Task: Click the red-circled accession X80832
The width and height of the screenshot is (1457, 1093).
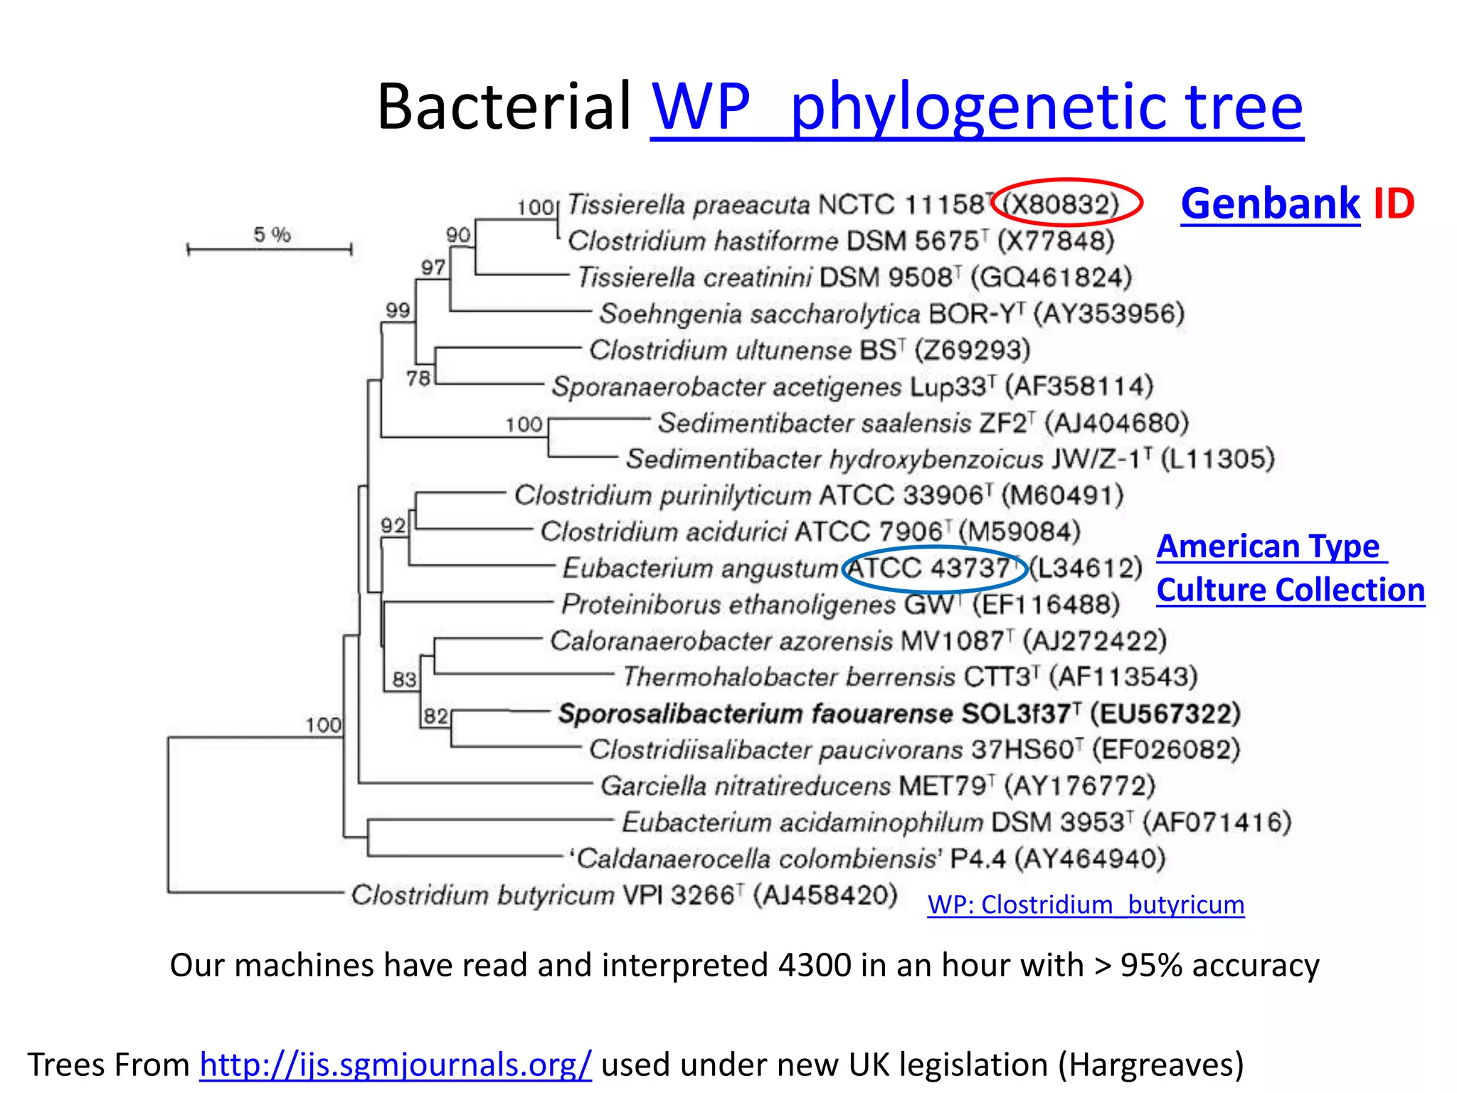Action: [1065, 205]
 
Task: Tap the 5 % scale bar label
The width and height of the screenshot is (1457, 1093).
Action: [272, 234]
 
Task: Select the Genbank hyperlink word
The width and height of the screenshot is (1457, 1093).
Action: [1270, 204]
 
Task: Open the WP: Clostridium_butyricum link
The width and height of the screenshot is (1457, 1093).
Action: [1086, 904]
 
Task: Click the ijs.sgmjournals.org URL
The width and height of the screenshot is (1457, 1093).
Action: [395, 1065]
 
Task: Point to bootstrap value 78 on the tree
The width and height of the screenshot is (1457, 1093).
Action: [419, 378]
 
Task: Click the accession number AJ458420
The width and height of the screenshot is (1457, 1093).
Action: [825, 894]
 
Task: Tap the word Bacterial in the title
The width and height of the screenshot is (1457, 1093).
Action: [504, 107]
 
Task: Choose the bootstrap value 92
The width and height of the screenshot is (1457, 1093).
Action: [393, 526]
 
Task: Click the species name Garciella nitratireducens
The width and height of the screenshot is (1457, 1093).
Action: [745, 786]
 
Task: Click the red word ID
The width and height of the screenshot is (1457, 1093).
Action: [1393, 204]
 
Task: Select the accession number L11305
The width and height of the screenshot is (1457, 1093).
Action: [1217, 459]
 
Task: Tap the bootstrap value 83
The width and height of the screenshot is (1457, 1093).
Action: [404, 680]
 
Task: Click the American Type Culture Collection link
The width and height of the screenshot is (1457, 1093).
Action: [1289, 568]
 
